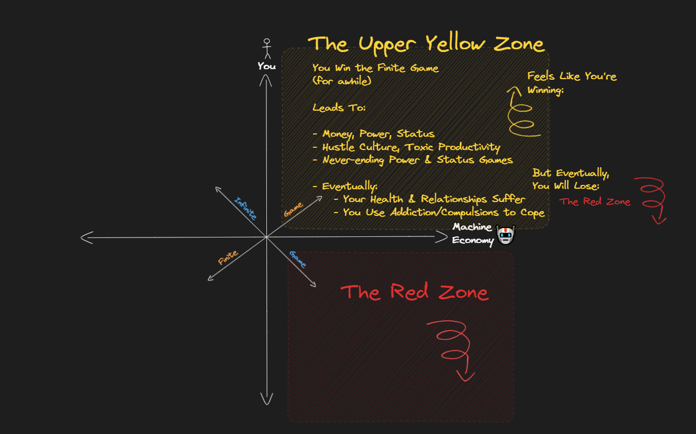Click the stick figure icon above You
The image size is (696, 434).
(x=267, y=48)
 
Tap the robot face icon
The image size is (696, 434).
(x=506, y=235)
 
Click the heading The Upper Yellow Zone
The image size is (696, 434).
(x=426, y=43)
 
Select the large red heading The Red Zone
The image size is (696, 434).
(x=414, y=292)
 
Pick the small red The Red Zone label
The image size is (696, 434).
(x=595, y=202)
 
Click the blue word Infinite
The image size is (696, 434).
(x=245, y=209)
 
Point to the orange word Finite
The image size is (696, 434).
(x=228, y=257)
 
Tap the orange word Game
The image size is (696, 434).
(x=293, y=209)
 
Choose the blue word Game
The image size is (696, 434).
(x=297, y=259)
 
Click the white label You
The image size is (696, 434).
(x=266, y=66)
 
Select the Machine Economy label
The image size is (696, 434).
(x=472, y=234)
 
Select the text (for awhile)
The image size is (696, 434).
(x=341, y=81)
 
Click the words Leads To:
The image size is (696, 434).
(x=339, y=107)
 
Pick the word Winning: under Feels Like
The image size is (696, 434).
(x=545, y=90)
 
